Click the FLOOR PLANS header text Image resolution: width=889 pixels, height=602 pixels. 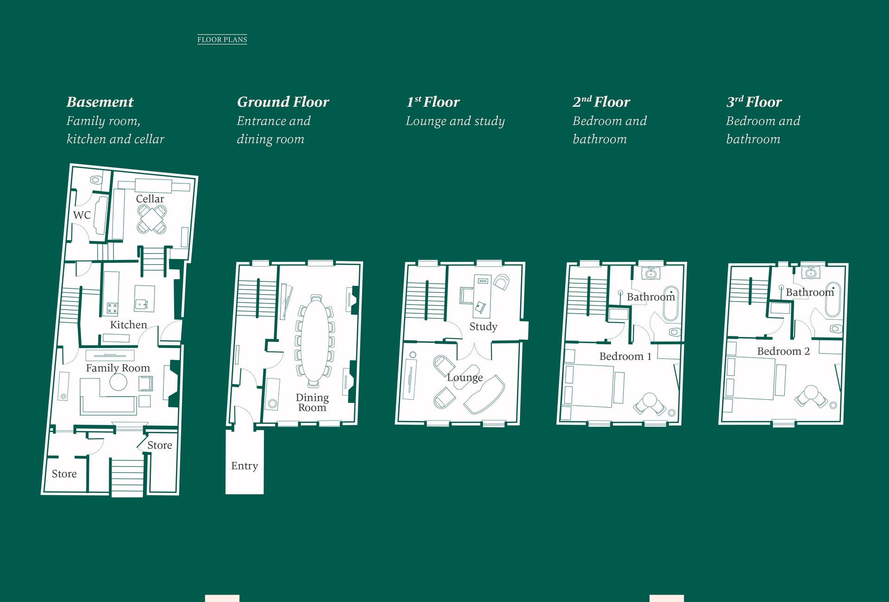tap(222, 40)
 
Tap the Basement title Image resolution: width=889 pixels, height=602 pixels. tap(100, 102)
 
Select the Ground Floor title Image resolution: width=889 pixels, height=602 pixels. tap(283, 102)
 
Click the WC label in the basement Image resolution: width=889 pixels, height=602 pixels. tap(82, 215)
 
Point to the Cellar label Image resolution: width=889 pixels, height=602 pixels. tap(150, 199)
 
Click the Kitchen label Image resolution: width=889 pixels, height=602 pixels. tap(128, 325)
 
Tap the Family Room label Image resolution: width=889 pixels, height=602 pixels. tap(118, 368)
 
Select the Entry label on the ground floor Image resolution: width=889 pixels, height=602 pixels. tap(244, 466)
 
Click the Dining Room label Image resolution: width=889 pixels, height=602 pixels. tap(313, 403)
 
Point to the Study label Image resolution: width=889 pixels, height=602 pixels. tap(483, 327)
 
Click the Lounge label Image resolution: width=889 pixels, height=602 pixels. tap(465, 378)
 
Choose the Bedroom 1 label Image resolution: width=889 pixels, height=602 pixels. tap(625, 356)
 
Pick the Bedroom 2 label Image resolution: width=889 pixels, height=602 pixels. tap(783, 351)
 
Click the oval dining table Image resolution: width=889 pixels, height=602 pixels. tap(315, 341)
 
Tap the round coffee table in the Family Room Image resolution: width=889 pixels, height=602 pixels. tap(118, 382)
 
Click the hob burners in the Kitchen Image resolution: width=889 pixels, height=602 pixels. tap(112, 308)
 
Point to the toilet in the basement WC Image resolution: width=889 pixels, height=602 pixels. tap(96, 180)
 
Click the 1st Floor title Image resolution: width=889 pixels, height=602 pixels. tap(433, 102)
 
